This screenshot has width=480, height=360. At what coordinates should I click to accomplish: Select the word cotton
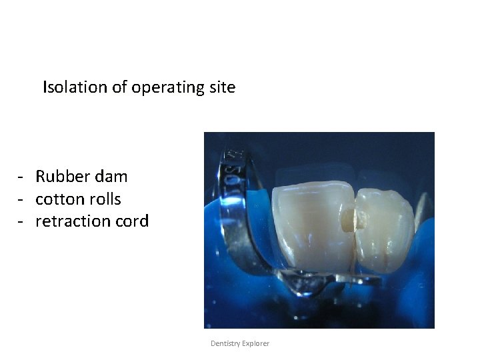tap(61, 199)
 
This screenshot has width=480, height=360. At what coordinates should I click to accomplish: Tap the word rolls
tap(105, 199)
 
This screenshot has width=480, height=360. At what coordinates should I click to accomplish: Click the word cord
tap(131, 221)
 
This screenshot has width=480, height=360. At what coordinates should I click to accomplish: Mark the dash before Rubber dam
tap(22, 177)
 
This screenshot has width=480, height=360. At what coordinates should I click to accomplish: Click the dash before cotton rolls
tap(22, 199)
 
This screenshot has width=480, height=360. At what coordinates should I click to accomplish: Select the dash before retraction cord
tap(22, 221)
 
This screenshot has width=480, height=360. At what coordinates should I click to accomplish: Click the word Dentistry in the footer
tap(227, 343)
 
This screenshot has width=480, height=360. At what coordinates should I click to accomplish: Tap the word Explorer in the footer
tap(257, 343)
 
